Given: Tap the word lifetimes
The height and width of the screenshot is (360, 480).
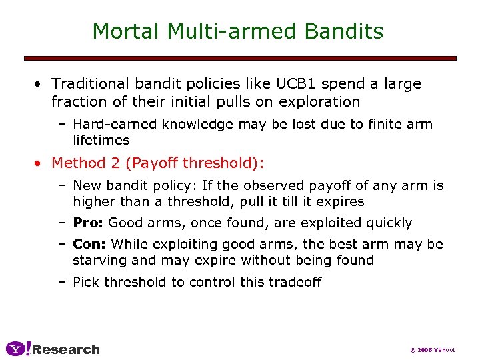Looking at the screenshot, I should click(x=101, y=140).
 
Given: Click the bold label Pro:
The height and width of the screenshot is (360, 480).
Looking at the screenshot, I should click(x=88, y=223).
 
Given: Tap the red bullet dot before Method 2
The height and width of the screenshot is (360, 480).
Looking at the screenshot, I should click(x=41, y=163).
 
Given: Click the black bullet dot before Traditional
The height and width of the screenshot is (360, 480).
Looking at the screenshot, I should click(x=41, y=85).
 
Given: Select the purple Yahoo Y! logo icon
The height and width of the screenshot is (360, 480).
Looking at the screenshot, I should click(x=18, y=349).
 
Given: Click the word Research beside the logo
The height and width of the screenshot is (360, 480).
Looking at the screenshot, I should click(x=66, y=349).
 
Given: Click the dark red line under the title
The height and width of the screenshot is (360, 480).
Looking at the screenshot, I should click(x=240, y=58).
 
